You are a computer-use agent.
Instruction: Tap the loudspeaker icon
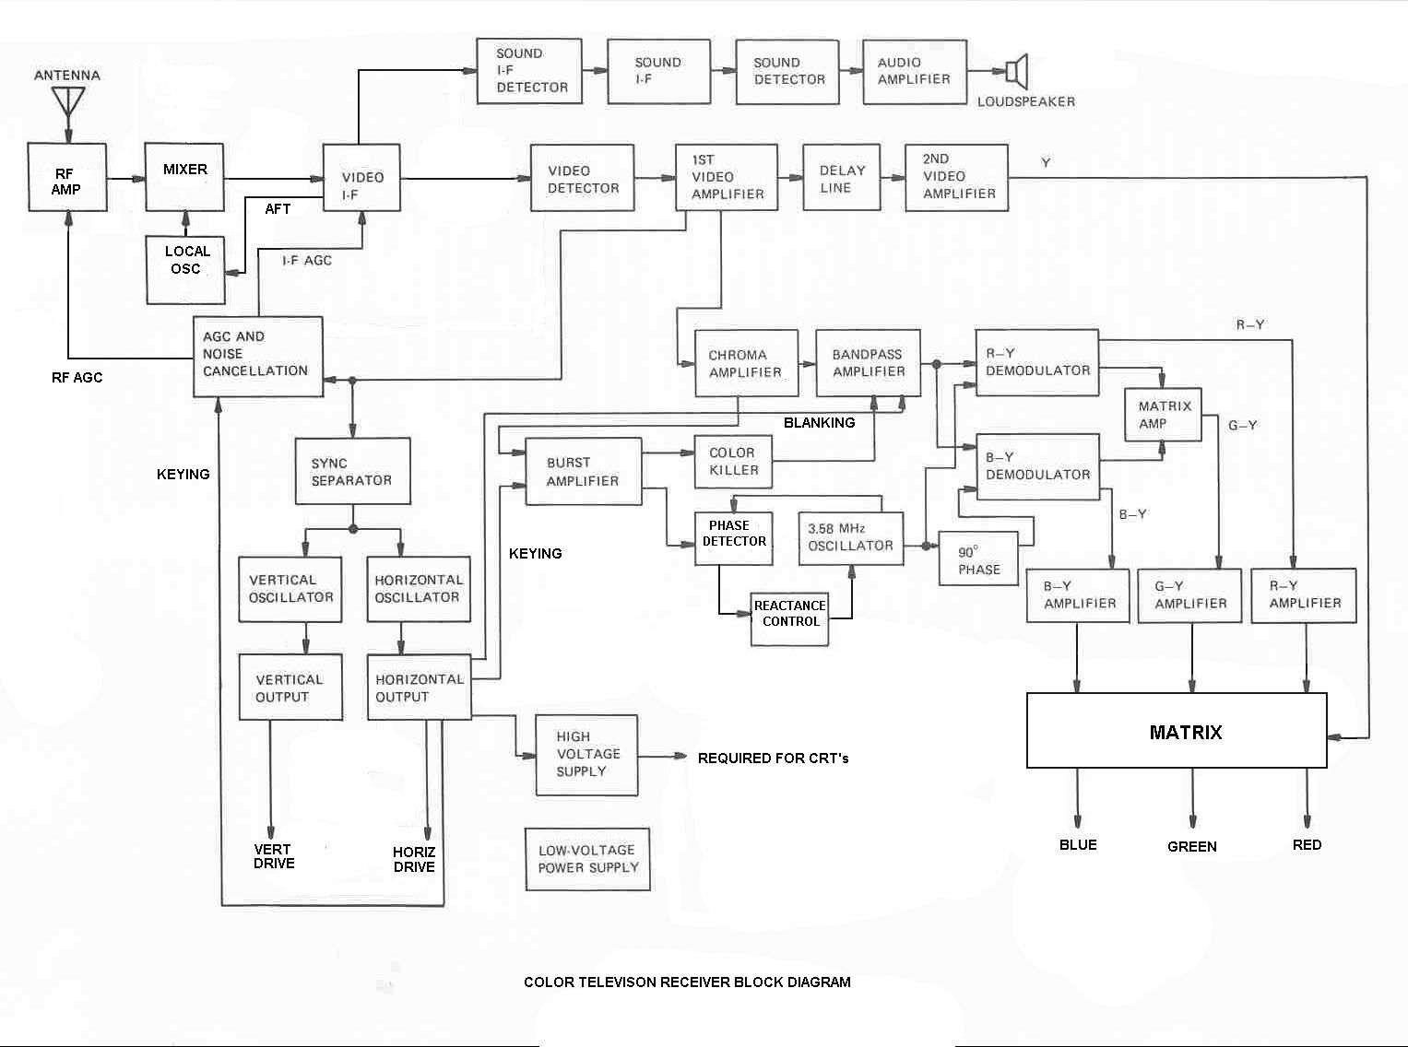1016,71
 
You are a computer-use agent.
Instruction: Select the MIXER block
185,177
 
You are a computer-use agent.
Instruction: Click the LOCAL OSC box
186,269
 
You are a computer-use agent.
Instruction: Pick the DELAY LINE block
841,178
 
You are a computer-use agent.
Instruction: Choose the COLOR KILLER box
733,461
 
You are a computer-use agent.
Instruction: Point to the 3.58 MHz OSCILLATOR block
849,538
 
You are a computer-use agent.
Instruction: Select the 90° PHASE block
977,559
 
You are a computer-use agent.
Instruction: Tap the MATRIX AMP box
1164,415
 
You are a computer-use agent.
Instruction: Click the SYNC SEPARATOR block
352,471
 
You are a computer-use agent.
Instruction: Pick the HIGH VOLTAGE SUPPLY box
586,755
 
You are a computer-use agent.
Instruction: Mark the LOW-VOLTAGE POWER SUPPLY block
587,859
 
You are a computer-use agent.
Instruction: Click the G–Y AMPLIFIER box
1190,595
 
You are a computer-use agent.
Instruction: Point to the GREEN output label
1191,846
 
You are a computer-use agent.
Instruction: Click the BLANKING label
819,423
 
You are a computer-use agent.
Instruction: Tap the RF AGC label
77,378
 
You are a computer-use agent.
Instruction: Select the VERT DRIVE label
274,856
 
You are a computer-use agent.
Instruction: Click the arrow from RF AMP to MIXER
126,178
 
